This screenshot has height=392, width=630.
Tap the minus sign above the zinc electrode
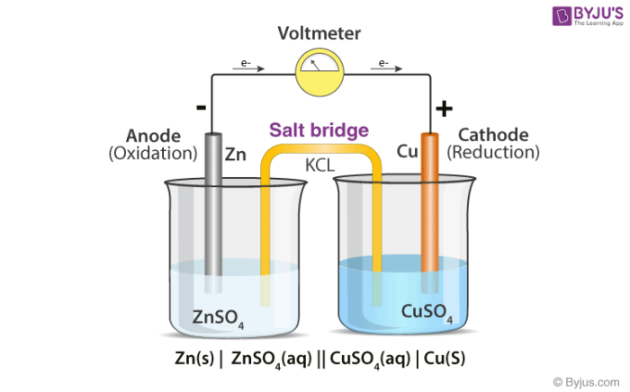pyautogui.click(x=201, y=107)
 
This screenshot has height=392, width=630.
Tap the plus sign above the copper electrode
pyautogui.click(x=443, y=109)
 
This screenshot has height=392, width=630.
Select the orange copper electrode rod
pyautogui.click(x=429, y=202)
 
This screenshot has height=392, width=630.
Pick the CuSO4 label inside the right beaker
pyautogui.click(x=427, y=314)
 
